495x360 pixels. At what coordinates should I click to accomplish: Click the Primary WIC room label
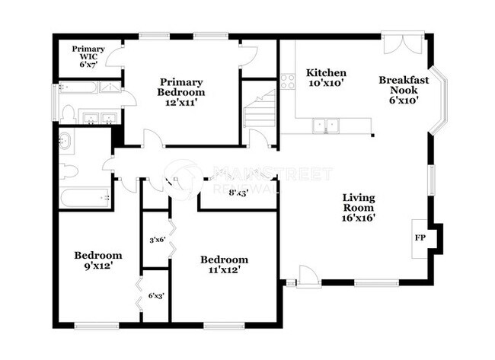click(x=88, y=57)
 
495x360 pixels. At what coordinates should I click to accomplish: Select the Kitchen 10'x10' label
click(x=327, y=78)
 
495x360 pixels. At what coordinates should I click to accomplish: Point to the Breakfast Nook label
click(x=404, y=89)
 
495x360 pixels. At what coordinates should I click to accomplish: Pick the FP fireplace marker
click(x=420, y=237)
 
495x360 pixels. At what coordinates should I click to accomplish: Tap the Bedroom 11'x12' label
click(x=225, y=264)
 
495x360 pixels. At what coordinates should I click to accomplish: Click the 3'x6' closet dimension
click(x=157, y=241)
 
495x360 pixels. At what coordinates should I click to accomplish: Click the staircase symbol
click(x=260, y=110)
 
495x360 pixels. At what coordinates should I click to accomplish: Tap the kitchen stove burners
click(x=287, y=81)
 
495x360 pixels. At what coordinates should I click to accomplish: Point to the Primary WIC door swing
click(x=115, y=58)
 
